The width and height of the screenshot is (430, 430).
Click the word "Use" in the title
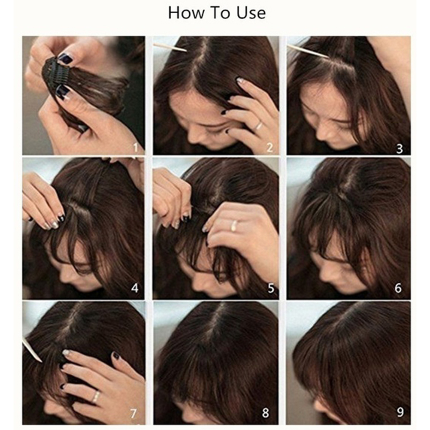[251, 13]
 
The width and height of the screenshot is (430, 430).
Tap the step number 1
[135, 148]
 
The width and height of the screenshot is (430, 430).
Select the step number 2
[270, 148]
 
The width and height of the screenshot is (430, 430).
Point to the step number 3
[400, 149]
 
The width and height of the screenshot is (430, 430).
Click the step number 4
[135, 288]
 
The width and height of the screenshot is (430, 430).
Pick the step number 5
[271, 288]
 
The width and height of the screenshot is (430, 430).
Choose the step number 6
[398, 288]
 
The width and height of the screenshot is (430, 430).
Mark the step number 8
[266, 412]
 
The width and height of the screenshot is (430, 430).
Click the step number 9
[400, 412]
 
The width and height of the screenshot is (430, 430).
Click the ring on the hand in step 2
[258, 126]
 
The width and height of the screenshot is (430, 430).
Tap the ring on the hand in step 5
[234, 225]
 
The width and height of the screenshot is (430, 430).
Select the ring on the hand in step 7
[96, 397]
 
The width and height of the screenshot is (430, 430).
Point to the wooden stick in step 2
[170, 48]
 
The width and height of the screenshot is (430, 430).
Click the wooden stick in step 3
[308, 51]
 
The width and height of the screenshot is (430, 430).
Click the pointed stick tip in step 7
[41, 362]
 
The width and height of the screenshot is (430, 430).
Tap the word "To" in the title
[220, 13]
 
